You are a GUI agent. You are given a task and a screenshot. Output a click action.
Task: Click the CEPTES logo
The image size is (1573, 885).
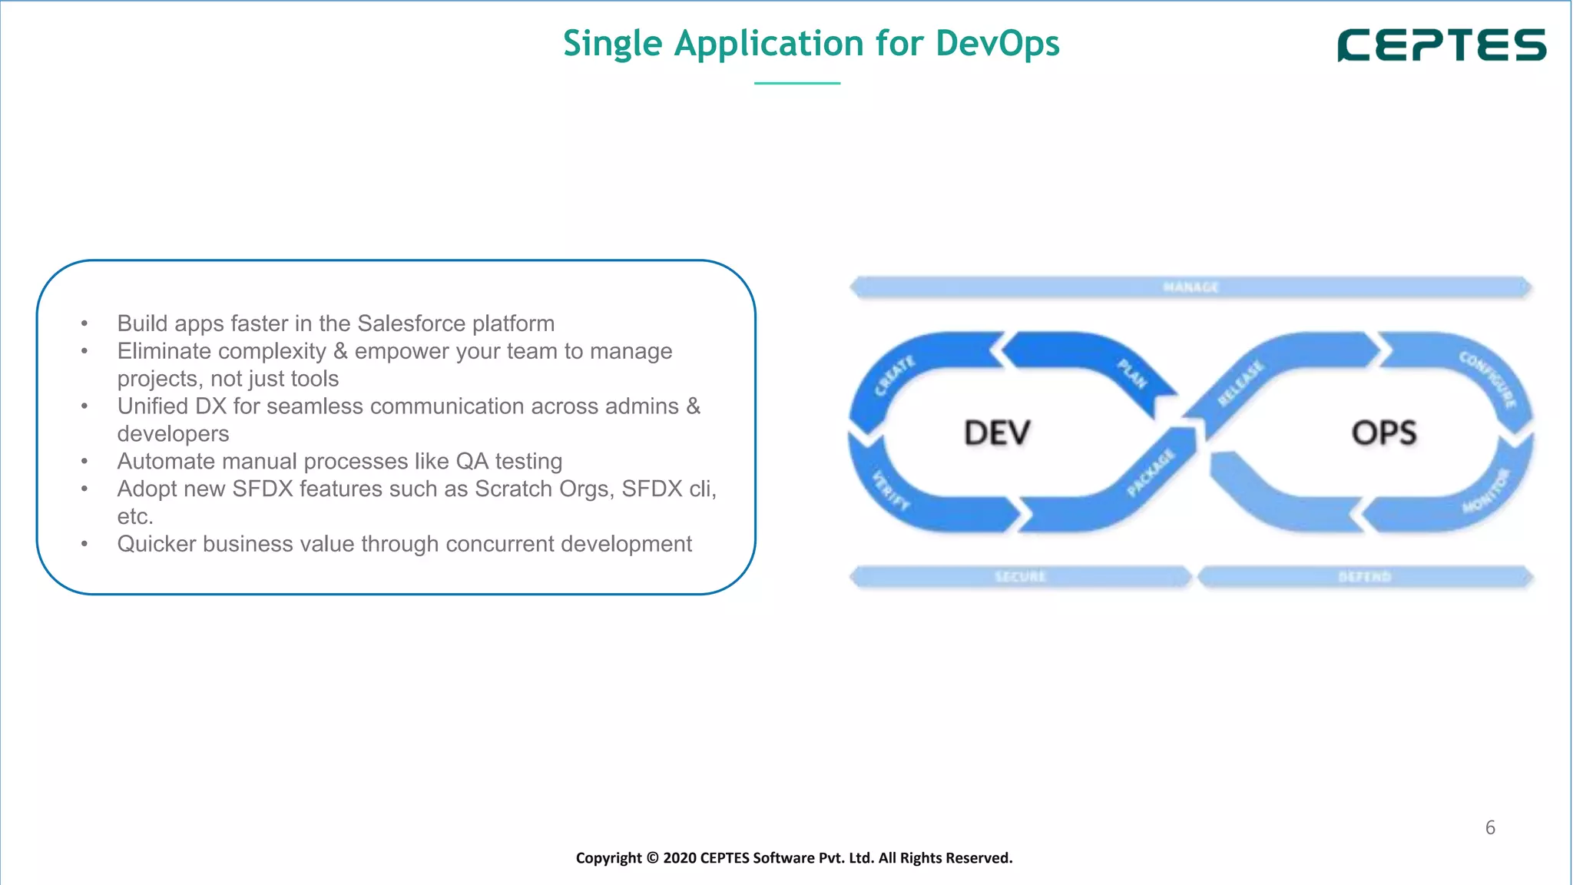pos(1442,45)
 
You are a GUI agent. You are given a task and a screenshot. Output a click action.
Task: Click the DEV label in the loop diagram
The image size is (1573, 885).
pos(996,433)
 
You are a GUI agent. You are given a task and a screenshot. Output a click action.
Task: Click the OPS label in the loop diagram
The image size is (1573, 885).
pos(1384,433)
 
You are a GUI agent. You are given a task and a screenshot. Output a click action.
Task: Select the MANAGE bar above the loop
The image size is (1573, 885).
pos(1191,287)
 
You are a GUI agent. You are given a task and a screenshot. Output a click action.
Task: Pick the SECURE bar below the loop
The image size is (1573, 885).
pos(1020,576)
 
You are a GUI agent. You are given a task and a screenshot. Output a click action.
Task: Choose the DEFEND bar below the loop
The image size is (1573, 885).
pos(1364,576)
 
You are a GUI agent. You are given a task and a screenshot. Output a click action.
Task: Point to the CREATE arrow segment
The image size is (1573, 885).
pos(895,376)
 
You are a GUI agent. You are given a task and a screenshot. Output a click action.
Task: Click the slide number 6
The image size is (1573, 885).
pos(1490,827)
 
